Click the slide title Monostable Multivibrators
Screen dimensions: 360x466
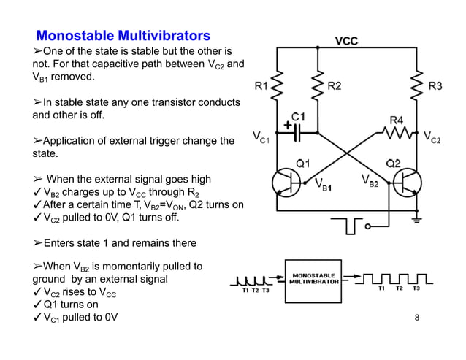[x=123, y=35]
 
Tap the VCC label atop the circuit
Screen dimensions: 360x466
[x=346, y=40]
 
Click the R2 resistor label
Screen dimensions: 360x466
[x=334, y=86]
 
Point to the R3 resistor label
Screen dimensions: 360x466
[x=435, y=86]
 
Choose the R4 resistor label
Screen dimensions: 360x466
[x=397, y=119]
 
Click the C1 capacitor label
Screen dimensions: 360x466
[x=298, y=117]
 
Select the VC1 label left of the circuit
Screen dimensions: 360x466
[x=260, y=137]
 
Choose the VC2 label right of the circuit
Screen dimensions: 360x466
[x=432, y=137]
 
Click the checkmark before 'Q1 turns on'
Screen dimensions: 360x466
[x=37, y=305]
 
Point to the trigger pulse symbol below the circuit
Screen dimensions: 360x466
[x=350, y=228]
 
